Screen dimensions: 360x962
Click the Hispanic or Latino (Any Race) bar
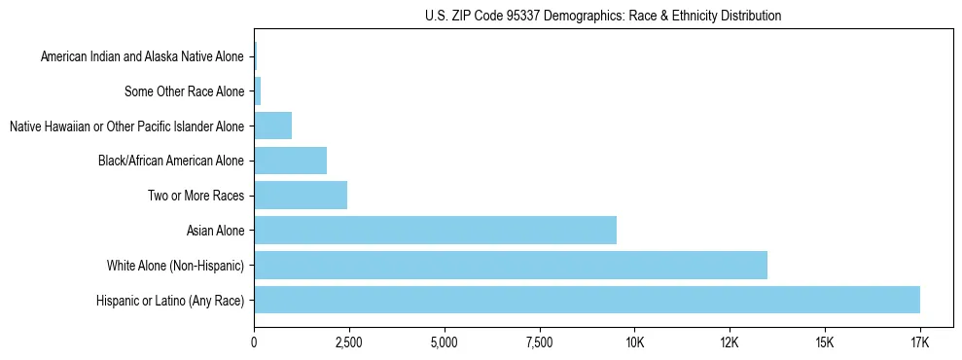coord(587,300)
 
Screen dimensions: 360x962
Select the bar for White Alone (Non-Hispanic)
coord(511,265)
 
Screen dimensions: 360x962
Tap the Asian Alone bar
coord(435,230)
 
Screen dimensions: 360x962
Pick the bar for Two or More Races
coord(301,196)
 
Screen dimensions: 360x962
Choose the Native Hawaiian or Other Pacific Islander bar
coord(272,126)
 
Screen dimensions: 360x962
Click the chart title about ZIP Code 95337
coord(603,16)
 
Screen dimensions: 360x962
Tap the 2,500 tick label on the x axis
coord(348,342)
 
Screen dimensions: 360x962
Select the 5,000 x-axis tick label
coord(444,342)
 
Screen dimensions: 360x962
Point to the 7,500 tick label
coord(539,342)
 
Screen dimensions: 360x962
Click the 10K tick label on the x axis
coord(634,342)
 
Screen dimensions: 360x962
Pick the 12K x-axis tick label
coord(730,342)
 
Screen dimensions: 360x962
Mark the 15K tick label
coord(825,342)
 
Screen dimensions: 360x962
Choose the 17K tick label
coord(920,342)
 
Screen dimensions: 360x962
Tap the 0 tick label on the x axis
coord(254,342)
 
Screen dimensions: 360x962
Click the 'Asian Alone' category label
coord(215,231)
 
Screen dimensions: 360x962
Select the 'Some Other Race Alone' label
coord(185,91)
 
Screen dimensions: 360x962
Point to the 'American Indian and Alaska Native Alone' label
coord(143,57)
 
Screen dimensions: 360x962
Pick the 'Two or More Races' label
coord(196,196)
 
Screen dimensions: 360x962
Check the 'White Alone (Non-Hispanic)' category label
coord(175,266)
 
